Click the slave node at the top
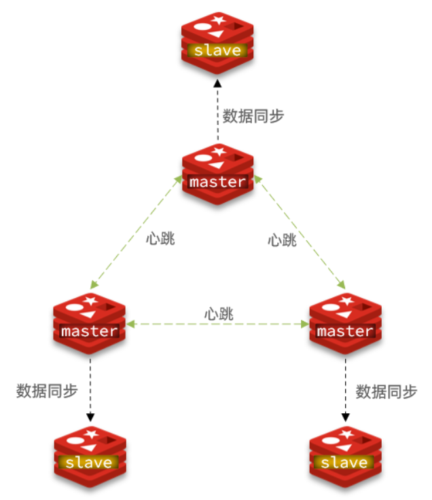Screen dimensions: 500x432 click(x=217, y=41)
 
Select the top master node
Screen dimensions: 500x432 click(x=217, y=174)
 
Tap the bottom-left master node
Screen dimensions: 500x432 click(x=90, y=323)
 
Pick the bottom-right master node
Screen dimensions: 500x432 click(x=345, y=323)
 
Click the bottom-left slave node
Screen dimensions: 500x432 click(x=90, y=455)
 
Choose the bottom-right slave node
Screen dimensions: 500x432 click(x=345, y=455)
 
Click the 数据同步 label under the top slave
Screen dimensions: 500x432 click(x=253, y=115)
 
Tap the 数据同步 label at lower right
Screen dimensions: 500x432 click(x=386, y=391)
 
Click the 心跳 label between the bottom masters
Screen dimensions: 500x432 click(x=217, y=315)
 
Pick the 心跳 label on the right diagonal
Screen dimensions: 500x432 click(x=282, y=239)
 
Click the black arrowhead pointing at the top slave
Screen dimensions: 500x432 click(x=217, y=83)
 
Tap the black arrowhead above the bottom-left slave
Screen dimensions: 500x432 click(x=90, y=417)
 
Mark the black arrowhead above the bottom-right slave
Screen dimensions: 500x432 click(x=345, y=417)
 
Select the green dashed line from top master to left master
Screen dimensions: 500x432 click(x=134, y=231)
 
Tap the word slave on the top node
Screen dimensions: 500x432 click(x=217, y=50)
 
